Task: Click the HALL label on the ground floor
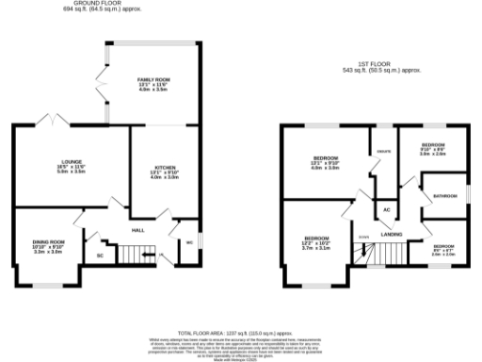tap(137, 229)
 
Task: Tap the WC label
tap(189, 242)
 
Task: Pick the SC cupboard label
tap(100, 255)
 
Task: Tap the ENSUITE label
tap(383, 148)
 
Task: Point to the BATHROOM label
tap(443, 196)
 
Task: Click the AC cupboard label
tap(385, 209)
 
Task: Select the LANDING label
tap(392, 233)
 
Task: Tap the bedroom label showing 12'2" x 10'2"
tap(316, 244)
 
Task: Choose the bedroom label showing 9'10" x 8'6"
tap(432, 149)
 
